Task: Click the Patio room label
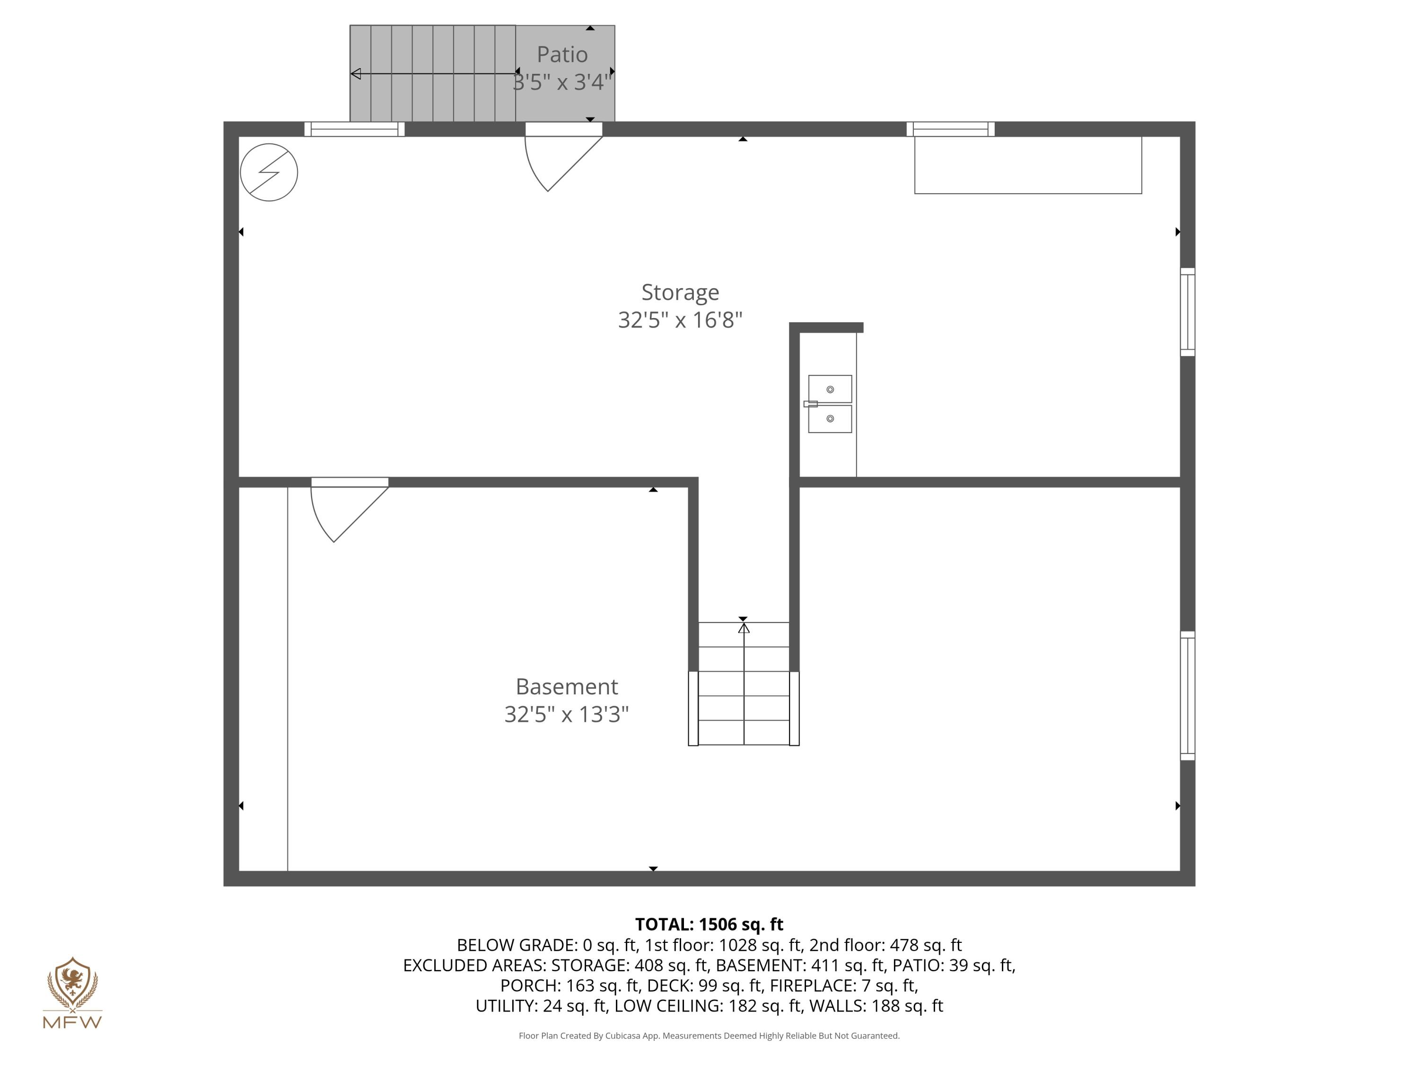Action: click(x=562, y=54)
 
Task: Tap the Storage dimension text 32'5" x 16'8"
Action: click(x=680, y=319)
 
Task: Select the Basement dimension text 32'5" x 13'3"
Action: click(x=567, y=714)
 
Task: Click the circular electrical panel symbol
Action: click(x=269, y=172)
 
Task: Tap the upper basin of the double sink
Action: click(x=830, y=389)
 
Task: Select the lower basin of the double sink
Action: click(x=830, y=418)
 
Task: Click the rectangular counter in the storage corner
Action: click(x=1028, y=165)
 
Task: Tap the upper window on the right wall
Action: click(x=1187, y=312)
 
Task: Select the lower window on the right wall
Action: click(x=1187, y=696)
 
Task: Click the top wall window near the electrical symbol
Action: click(x=354, y=129)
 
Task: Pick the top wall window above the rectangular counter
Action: click(x=950, y=129)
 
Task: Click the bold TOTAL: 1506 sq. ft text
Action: click(x=709, y=924)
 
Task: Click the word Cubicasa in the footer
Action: click(x=622, y=1036)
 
